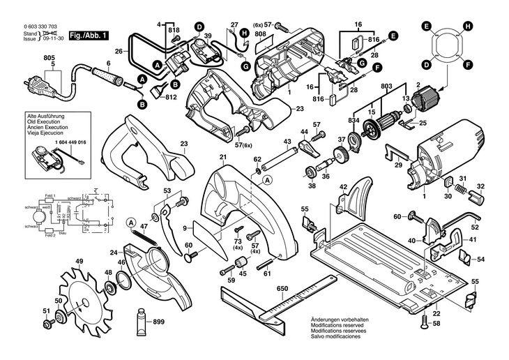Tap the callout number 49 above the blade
coord(79,262)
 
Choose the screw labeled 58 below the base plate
coord(425,322)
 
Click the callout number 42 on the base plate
coord(343,187)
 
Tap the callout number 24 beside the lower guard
coord(112,253)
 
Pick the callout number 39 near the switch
coord(208,36)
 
